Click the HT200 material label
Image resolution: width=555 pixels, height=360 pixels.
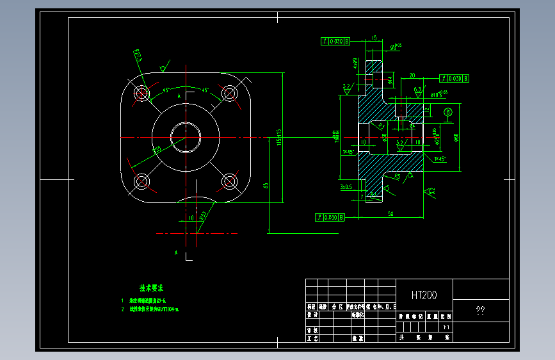pyautogui.click(x=424, y=295)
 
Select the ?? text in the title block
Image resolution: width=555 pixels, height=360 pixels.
pyautogui.click(x=480, y=311)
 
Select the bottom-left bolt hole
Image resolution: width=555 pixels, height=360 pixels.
pyautogui.click(x=141, y=182)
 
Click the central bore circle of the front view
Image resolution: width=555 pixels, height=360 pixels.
pyautogui.click(x=186, y=138)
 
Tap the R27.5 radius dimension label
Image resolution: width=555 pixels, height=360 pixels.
pyautogui.click(x=138, y=56)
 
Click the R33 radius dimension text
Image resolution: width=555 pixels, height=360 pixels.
pyautogui.click(x=202, y=216)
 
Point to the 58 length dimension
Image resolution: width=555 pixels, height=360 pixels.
pyautogui.click(x=390, y=214)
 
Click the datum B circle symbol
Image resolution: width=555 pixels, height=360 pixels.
pyautogui.click(x=447, y=113)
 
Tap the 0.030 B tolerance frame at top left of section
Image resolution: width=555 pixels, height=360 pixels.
pyautogui.click(x=335, y=42)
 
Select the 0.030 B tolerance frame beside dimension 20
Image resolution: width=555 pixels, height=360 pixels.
pyautogui.click(x=454, y=78)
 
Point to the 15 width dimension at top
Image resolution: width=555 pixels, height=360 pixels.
pyautogui.click(x=374, y=38)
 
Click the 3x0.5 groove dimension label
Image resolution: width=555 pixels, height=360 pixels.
pyautogui.click(x=346, y=186)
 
